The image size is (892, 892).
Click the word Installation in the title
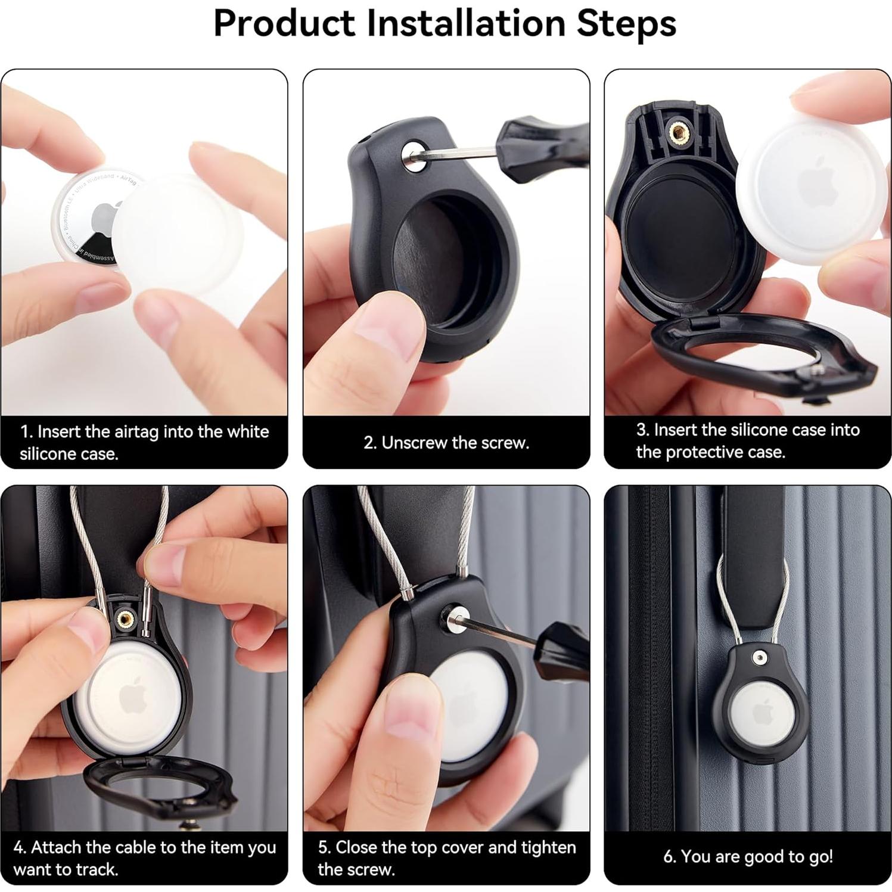pyautogui.click(x=465, y=24)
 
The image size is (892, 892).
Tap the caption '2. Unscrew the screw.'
pyautogui.click(x=446, y=443)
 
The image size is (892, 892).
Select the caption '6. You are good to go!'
pyautogui.click(x=748, y=856)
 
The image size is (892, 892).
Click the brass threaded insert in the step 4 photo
pyautogui.click(x=126, y=620)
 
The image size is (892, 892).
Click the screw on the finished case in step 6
pyautogui.click(x=759, y=658)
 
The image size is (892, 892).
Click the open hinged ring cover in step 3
pyautogui.click(x=757, y=358)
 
